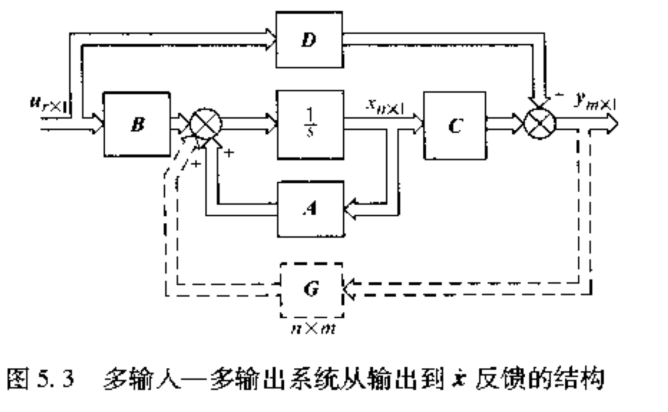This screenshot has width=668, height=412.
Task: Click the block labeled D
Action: [x=309, y=40]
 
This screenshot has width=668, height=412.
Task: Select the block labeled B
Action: [x=137, y=124]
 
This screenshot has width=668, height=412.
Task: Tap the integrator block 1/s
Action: [x=311, y=124]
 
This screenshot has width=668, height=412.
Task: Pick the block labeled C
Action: [x=455, y=125]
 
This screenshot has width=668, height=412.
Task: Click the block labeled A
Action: [x=311, y=209]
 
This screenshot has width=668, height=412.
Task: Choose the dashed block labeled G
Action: [x=311, y=289]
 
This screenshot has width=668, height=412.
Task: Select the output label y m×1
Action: [x=595, y=102]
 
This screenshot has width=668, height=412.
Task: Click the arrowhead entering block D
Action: [x=271, y=40]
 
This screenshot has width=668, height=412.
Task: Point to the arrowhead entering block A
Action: [x=350, y=209]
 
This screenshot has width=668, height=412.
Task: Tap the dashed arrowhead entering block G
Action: [x=349, y=288]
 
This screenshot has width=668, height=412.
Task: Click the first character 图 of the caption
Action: [x=18, y=378]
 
